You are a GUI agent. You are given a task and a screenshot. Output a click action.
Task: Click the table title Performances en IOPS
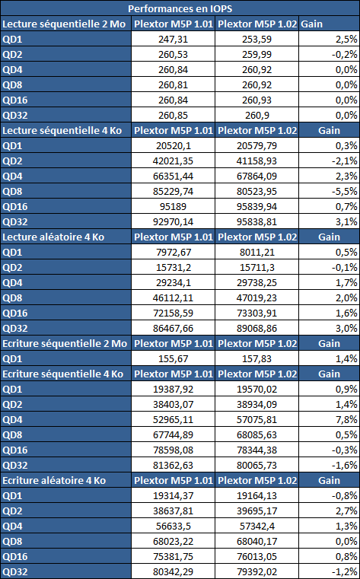[180, 8]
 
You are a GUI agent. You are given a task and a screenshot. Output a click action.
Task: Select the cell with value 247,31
[174, 39]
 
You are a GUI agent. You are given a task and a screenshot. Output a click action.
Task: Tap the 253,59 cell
[257, 39]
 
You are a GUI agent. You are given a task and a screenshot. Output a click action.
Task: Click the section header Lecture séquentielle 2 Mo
[64, 24]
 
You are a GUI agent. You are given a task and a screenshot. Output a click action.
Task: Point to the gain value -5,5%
[346, 191]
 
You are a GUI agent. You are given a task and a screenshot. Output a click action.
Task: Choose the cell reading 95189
[174, 206]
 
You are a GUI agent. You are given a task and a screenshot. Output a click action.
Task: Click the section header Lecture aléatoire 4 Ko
[53, 237]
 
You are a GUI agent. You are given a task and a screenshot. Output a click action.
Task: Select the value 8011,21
[257, 252]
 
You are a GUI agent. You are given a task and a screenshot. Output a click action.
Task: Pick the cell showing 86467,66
[174, 328]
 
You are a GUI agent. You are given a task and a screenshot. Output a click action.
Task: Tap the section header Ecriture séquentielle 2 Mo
[65, 343]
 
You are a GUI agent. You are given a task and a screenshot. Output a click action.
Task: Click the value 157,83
[257, 358]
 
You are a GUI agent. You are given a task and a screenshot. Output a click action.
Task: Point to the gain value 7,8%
[348, 419]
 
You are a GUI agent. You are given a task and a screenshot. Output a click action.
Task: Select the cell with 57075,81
[257, 419]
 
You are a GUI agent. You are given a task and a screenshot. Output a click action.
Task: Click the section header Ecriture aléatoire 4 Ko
[54, 480]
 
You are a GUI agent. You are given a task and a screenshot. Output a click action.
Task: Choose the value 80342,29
[174, 571]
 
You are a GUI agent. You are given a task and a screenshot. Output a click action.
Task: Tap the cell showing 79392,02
[257, 571]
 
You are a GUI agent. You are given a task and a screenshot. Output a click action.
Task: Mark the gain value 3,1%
[348, 221]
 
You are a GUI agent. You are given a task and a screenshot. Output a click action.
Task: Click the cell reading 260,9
[257, 115]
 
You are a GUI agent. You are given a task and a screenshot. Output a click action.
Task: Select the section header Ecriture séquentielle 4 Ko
[62, 374]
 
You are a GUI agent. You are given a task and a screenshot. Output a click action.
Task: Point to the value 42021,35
[174, 161]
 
